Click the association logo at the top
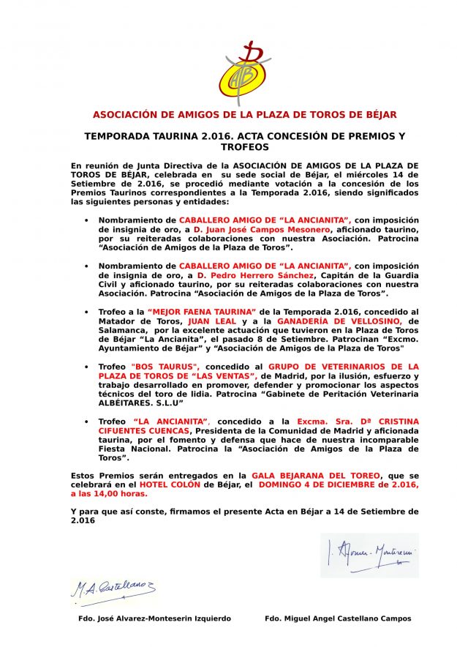244,73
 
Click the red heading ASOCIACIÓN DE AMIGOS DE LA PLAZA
244,115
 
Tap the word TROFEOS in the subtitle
244,147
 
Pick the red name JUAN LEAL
211,321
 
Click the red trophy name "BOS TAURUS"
165,365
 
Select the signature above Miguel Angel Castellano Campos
369,554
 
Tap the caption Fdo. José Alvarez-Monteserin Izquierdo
154,619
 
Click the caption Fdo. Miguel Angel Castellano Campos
338,619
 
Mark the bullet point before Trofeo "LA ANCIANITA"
87,422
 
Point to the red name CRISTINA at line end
394,422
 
